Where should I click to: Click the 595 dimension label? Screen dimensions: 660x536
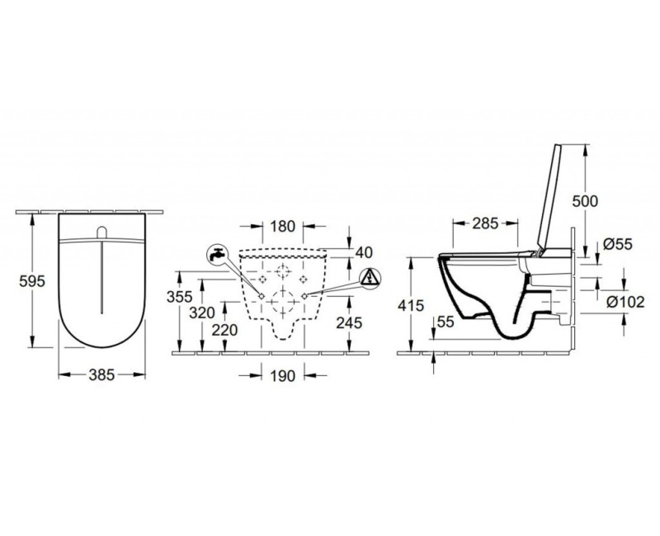[32, 281]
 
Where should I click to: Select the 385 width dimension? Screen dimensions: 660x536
[101, 374]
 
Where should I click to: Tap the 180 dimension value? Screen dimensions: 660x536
[282, 226]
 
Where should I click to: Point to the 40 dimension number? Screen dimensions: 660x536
[364, 252]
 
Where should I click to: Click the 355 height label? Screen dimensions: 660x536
[179, 297]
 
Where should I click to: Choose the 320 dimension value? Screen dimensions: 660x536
[202, 313]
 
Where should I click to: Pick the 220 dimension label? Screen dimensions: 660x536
[224, 330]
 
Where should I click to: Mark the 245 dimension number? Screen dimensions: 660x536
[349, 322]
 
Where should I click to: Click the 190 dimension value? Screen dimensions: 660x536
[282, 376]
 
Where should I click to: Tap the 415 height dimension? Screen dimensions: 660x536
[411, 305]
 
